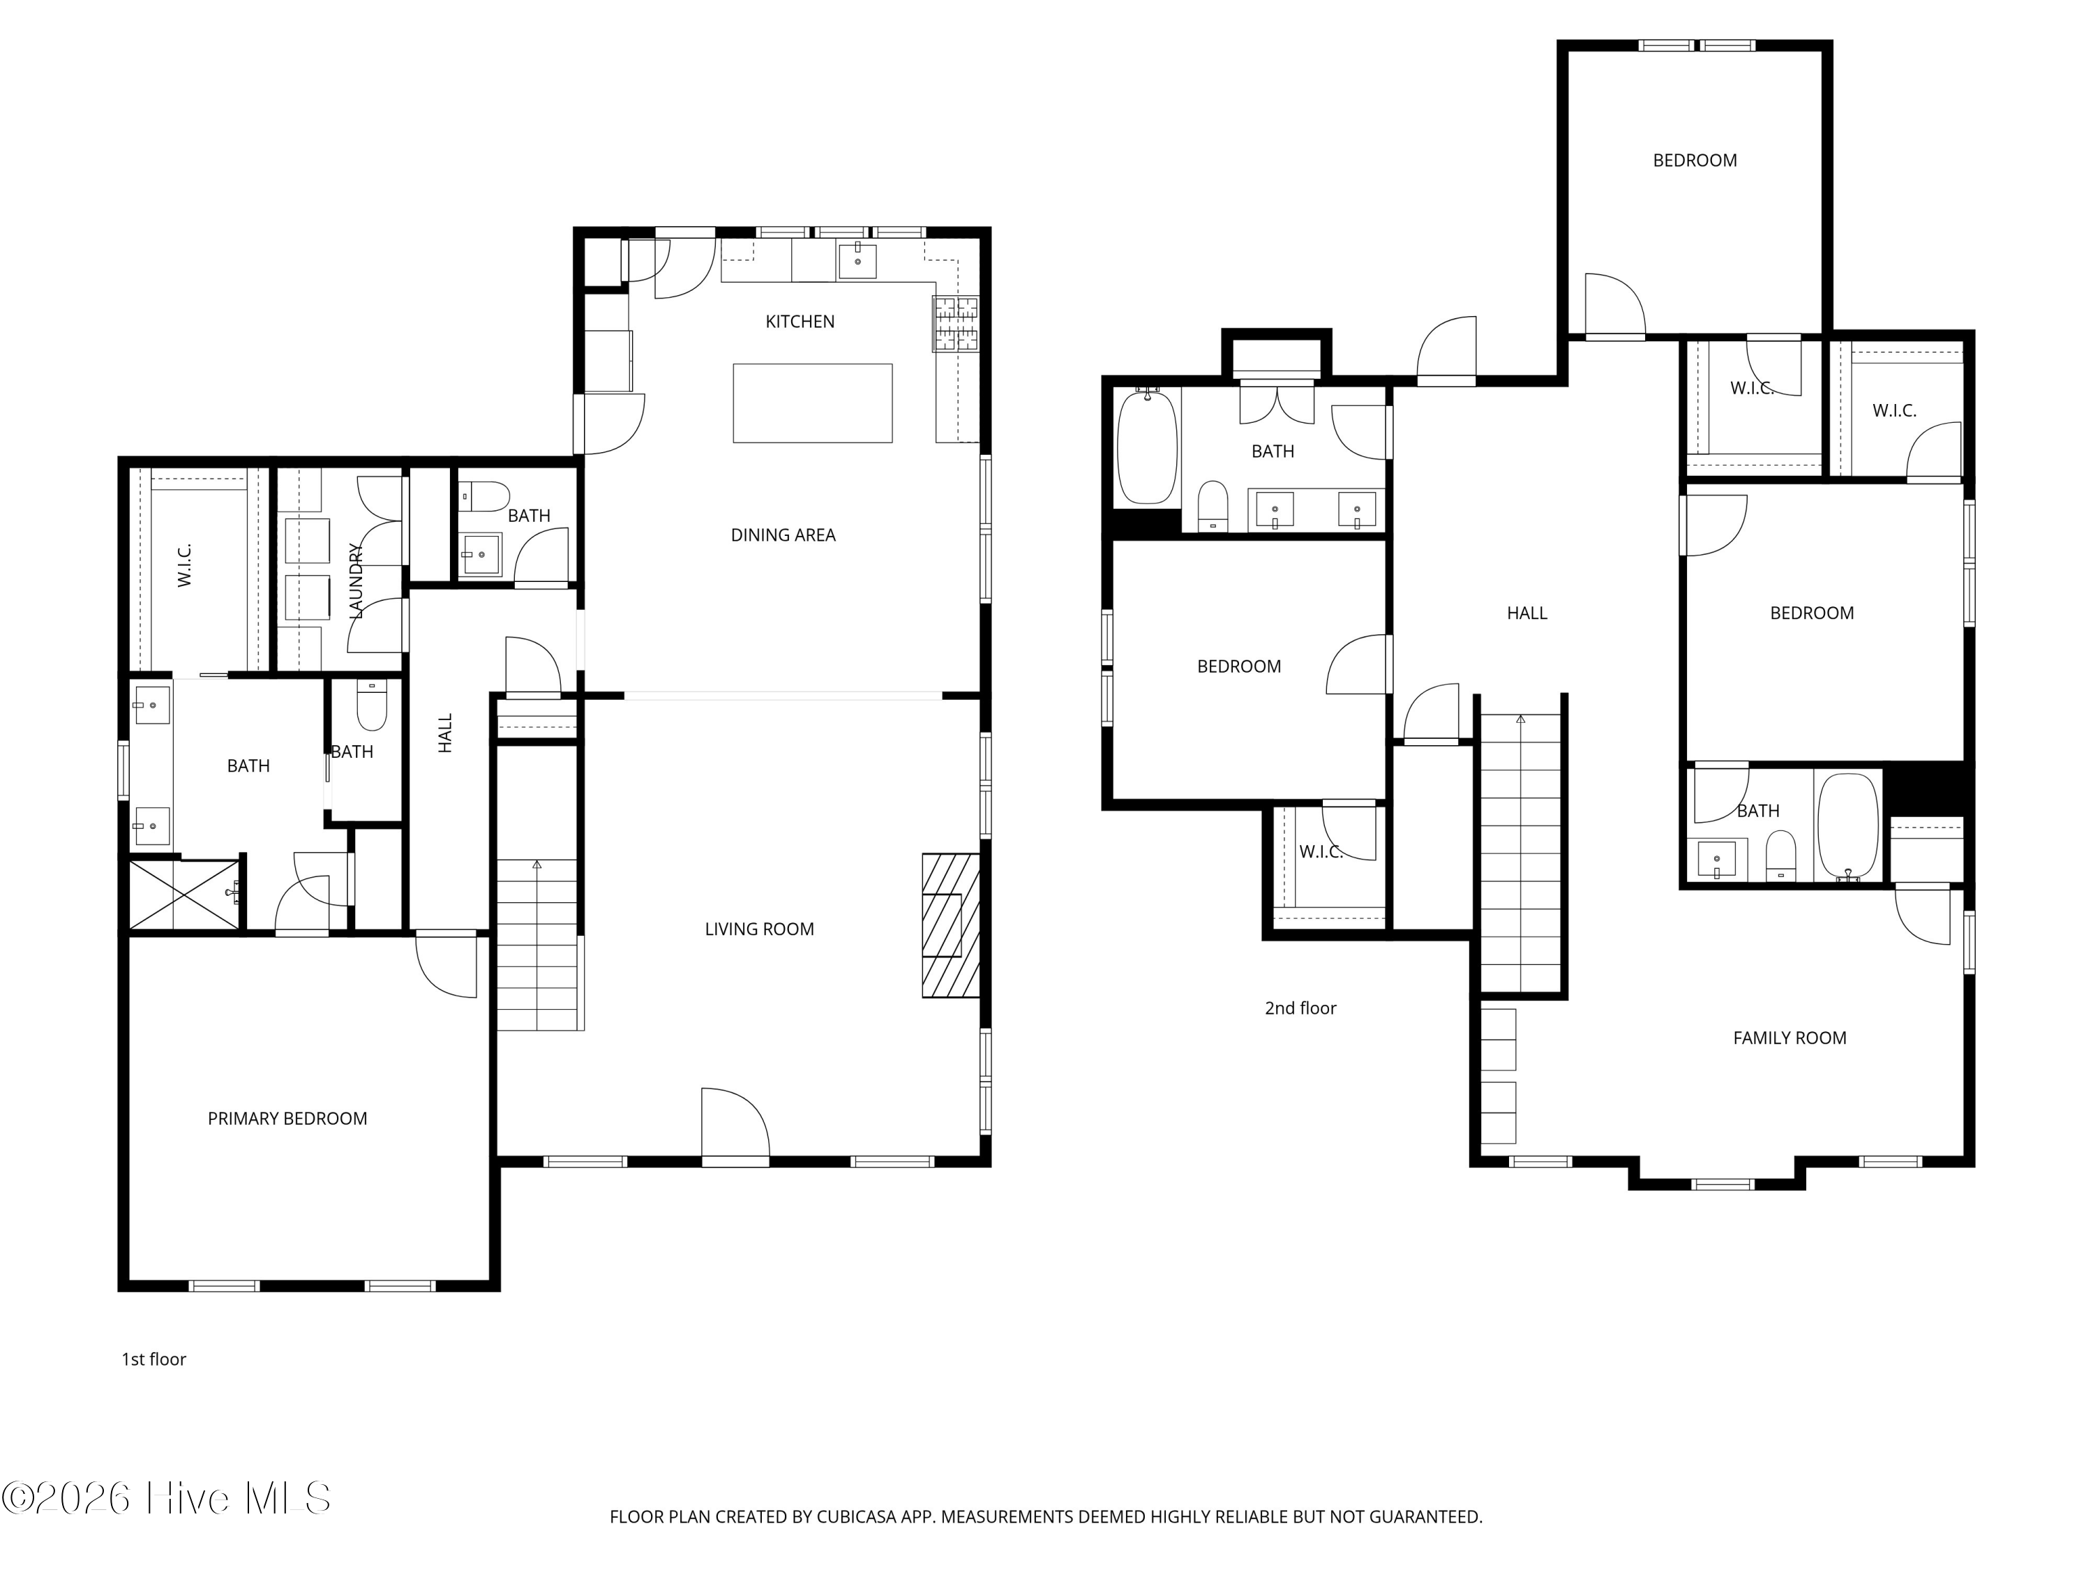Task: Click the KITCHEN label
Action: [800, 322]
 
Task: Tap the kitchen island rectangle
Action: [812, 403]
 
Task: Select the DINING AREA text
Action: [783, 536]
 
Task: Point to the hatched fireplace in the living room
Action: [951, 925]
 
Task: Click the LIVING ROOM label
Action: [759, 929]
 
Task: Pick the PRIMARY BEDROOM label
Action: [287, 1119]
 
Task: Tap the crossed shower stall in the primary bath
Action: [183, 895]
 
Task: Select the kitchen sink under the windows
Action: [857, 261]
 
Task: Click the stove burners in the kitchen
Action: [956, 324]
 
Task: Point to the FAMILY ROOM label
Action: [1790, 1038]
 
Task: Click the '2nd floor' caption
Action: [1300, 1009]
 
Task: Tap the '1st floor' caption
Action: [153, 1360]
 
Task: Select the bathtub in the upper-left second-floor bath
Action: [1148, 447]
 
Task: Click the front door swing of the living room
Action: [735, 1124]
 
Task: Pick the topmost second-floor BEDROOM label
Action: [1695, 161]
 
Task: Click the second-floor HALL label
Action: [1526, 613]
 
